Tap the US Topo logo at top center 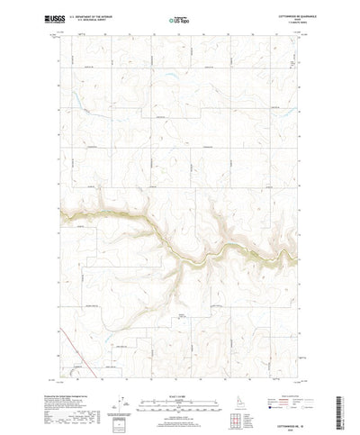(179, 18)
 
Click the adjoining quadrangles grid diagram (240, 414)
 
